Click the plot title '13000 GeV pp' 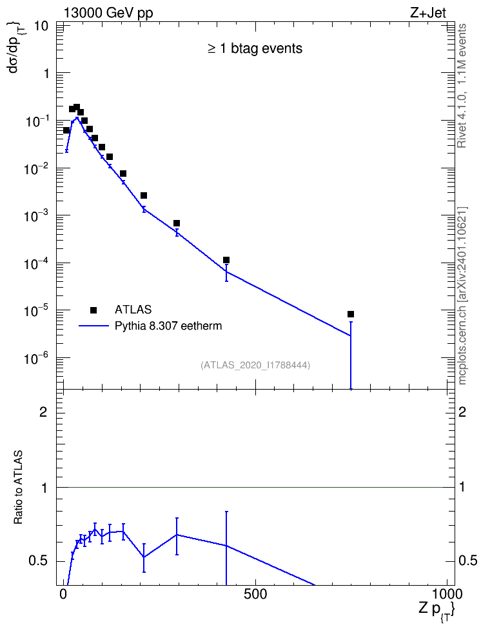(x=108, y=14)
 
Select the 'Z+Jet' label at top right (x=428, y=13)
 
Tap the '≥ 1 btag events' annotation (x=255, y=48)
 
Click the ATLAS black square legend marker (x=93, y=310)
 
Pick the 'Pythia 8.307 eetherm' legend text (x=168, y=326)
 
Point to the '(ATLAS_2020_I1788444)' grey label (x=255, y=365)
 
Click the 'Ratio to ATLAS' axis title (x=19, y=488)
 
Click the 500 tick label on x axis (x=255, y=594)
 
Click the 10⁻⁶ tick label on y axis (x=37, y=358)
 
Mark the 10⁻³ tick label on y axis (x=37, y=215)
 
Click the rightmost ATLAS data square (x=351, y=314)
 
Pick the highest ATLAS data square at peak (x=77, y=107)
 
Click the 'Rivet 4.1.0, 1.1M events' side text (x=462, y=86)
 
